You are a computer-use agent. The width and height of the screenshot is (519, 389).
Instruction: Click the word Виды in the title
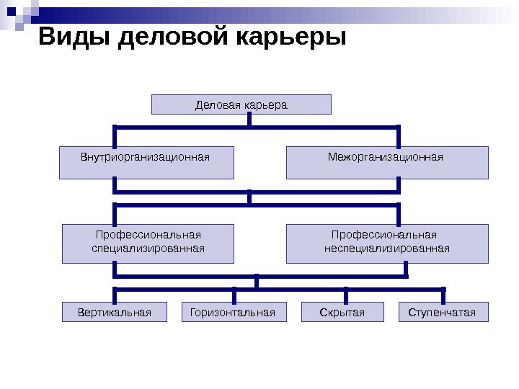(72, 36)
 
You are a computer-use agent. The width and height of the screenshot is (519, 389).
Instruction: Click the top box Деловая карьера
(241, 105)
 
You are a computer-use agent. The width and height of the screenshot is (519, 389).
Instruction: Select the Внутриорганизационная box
(146, 163)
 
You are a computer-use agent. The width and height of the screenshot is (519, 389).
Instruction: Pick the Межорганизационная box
(387, 163)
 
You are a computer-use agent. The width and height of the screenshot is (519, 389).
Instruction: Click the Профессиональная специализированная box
(148, 243)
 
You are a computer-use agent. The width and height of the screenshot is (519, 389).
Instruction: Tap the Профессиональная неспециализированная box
(387, 243)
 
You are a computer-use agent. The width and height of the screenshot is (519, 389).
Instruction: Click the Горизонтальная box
(233, 312)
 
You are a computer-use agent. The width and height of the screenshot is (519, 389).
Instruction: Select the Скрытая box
(342, 312)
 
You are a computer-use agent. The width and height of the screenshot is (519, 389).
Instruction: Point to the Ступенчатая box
(443, 312)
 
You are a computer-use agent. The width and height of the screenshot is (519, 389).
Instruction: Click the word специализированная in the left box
(148, 249)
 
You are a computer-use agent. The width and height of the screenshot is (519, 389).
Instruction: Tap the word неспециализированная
(386, 249)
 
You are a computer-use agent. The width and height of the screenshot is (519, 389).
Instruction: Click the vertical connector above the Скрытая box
(346, 295)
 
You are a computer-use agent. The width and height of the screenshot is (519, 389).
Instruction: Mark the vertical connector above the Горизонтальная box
(234, 295)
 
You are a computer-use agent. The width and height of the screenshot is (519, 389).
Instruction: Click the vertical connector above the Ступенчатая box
(443, 295)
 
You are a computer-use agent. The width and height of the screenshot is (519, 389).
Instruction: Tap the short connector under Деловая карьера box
(249, 120)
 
